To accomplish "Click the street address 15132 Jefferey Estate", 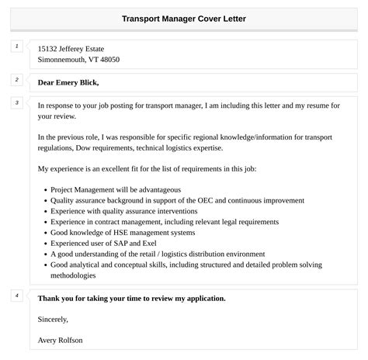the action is click(x=71, y=49).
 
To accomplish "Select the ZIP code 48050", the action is click(x=106, y=60).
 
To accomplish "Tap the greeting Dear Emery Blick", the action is click(x=68, y=82).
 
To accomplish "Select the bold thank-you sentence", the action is click(x=131, y=298).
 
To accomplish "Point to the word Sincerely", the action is click(x=53, y=318).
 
